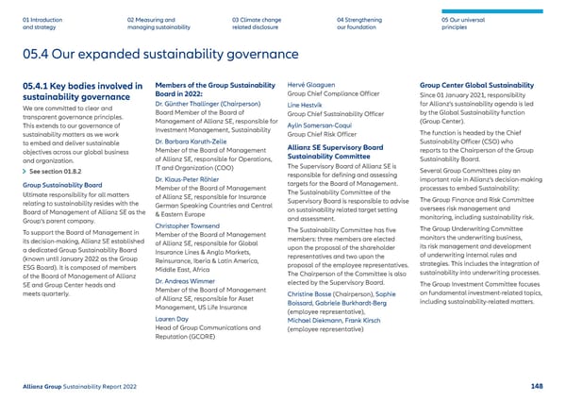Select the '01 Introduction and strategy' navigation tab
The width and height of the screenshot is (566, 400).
coord(39,23)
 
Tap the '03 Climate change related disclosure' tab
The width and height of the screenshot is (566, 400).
coord(256,23)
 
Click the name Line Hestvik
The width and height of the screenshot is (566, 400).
coord(303,106)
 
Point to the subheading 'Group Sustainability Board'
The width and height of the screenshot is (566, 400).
coord(56,186)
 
